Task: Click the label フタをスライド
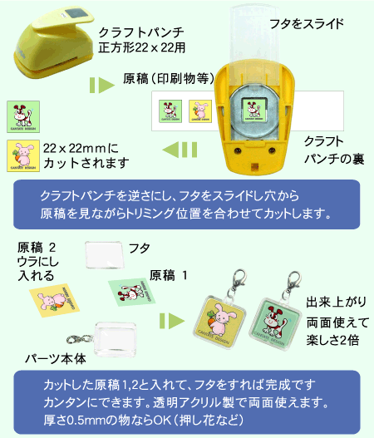tap(307, 23)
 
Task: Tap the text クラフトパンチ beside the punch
tap(141, 32)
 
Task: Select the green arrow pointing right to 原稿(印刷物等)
tap(102, 85)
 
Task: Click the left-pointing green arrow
tap(180, 150)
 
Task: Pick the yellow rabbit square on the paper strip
tap(200, 111)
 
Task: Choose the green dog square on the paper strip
tap(170, 111)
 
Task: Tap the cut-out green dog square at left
tap(23, 116)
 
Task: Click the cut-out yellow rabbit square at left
tap(23, 155)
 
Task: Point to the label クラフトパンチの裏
tap(334, 150)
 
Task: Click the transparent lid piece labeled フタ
tap(105, 255)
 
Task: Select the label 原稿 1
tap(168, 275)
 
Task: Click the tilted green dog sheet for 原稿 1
tap(131, 293)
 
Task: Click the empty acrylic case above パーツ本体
tap(116, 339)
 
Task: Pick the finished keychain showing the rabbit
tap(220, 317)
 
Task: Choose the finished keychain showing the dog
tap(276, 320)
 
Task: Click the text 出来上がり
tap(336, 303)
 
